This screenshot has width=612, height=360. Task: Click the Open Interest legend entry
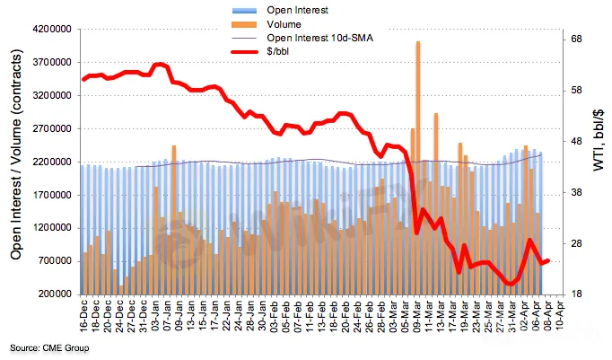tap(295, 10)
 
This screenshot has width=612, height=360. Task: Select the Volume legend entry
tap(287, 24)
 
